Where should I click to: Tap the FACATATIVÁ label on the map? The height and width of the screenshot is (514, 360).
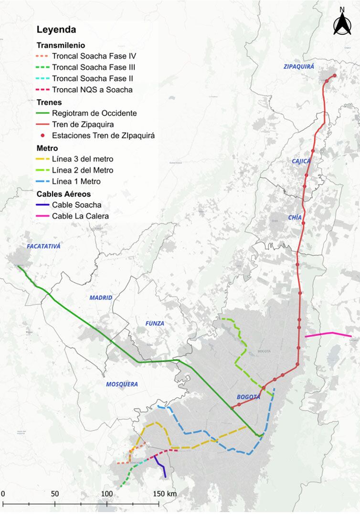[x=40, y=246]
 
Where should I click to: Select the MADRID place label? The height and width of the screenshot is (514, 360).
[x=101, y=298]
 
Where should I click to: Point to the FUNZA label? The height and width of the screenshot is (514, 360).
[x=155, y=324]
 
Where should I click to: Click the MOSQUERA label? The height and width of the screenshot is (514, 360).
[x=122, y=384]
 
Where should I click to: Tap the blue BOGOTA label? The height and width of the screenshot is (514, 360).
[x=249, y=397]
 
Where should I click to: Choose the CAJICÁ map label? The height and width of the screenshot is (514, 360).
[x=301, y=161]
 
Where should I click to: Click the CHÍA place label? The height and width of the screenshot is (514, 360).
[x=295, y=218]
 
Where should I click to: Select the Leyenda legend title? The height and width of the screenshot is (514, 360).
[x=56, y=30]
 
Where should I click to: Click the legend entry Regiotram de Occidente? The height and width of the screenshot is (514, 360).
[x=95, y=113]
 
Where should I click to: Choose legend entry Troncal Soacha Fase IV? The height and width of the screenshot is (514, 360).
[x=95, y=56]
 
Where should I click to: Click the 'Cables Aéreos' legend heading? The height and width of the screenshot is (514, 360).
[x=64, y=194]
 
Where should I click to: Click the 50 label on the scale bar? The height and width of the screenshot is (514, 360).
[x=55, y=493]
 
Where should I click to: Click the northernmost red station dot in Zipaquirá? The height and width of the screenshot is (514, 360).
[x=334, y=75]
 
